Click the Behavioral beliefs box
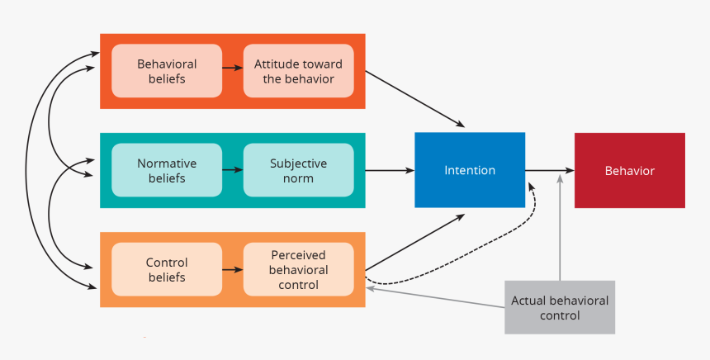pos(166,71)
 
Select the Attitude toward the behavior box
pos(298,71)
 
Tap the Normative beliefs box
pos(166,170)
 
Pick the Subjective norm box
pos(298,170)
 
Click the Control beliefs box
pos(166,269)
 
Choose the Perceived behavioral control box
pos(298,269)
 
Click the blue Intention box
pos(470,170)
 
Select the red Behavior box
pos(629,170)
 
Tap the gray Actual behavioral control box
pos(560,307)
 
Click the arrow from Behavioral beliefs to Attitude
pos(232,72)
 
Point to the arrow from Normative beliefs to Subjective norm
pos(232,171)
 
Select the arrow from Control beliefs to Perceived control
pos(232,270)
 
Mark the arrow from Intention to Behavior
pos(549,171)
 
